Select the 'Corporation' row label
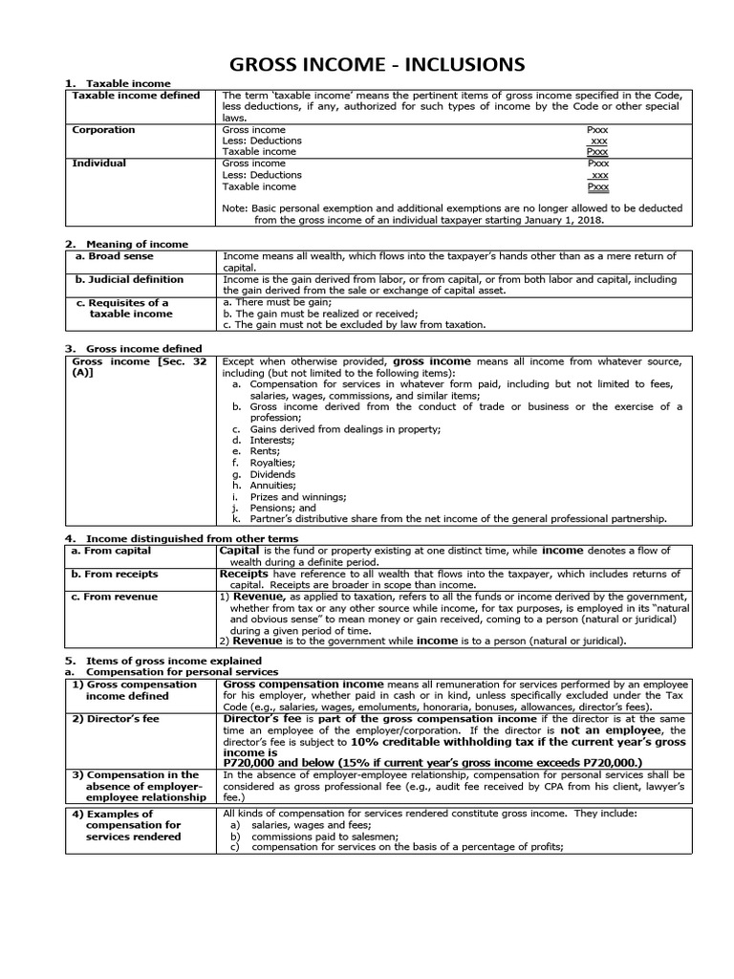(x=104, y=130)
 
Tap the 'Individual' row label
(x=99, y=163)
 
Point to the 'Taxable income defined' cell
(x=137, y=96)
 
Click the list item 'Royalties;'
(x=271, y=463)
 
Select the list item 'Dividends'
(x=272, y=474)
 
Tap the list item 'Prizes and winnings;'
(x=290, y=497)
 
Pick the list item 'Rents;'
(x=265, y=451)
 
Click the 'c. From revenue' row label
(x=120, y=597)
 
